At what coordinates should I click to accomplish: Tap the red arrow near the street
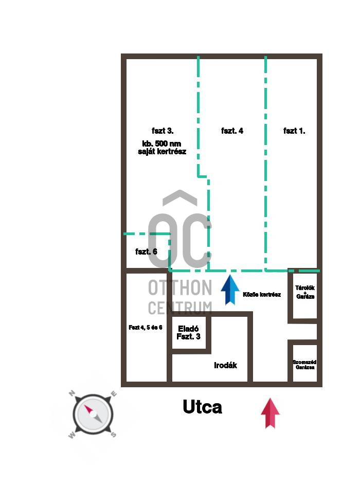tap(270, 412)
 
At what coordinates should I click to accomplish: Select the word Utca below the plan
tap(203, 407)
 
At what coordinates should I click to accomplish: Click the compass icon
tap(92, 413)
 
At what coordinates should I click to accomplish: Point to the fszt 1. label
tap(294, 131)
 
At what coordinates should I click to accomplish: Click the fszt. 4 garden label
tap(232, 131)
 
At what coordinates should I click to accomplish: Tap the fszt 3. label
tap(162, 131)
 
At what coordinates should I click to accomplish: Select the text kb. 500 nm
tap(161, 143)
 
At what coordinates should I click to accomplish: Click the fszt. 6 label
tap(146, 251)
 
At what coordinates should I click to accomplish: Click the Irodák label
tap(225, 365)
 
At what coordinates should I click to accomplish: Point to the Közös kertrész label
tap(262, 295)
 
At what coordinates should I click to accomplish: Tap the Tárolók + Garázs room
tap(305, 293)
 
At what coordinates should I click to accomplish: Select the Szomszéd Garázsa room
tap(304, 365)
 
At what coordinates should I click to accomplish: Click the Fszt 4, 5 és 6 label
tap(146, 327)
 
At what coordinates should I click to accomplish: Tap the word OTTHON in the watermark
tap(179, 287)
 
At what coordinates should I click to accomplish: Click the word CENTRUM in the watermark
tap(179, 308)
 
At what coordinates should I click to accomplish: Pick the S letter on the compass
tap(113, 434)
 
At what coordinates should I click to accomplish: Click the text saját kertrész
tap(161, 152)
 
